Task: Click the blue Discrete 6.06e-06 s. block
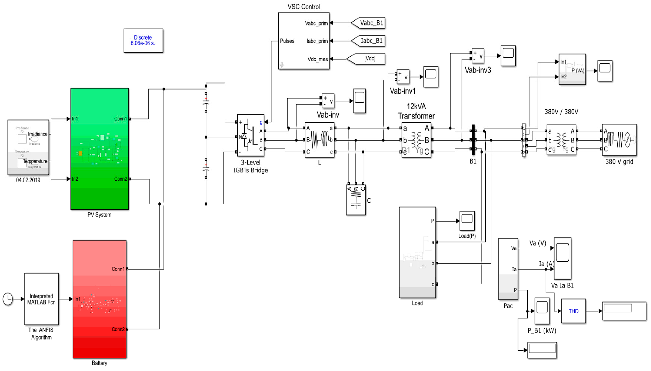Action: pyautogui.click(x=143, y=40)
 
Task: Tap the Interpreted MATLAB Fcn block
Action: pyautogui.click(x=41, y=299)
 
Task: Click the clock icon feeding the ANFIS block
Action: pyautogui.click(x=8, y=299)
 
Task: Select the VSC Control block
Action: pyautogui.click(x=304, y=41)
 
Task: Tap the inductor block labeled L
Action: pyautogui.click(x=319, y=140)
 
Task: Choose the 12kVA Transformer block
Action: pyautogui.click(x=416, y=140)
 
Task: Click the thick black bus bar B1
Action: pyautogui.click(x=473, y=140)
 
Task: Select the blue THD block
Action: pyautogui.click(x=573, y=311)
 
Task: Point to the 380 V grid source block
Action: pyautogui.click(x=619, y=140)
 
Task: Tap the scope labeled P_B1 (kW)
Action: pyautogui.click(x=542, y=311)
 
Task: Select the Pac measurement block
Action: pyautogui.click(x=508, y=269)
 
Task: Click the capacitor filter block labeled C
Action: pyautogui.click(x=356, y=200)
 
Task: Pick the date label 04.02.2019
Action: pyautogui.click(x=28, y=180)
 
